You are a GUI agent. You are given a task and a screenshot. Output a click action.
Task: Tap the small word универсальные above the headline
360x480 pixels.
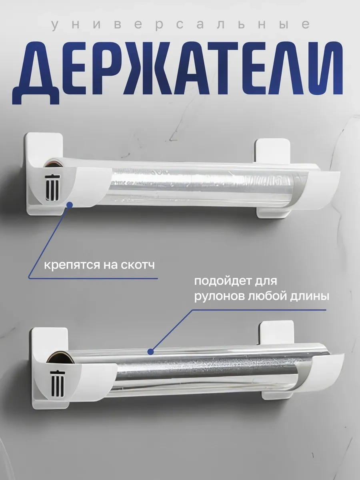pyautogui.click(x=180, y=24)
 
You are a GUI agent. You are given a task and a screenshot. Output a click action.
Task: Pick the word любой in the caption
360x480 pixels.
pyautogui.click(x=272, y=297)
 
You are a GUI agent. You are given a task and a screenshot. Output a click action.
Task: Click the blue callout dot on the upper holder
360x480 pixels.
pyautogui.click(x=69, y=204)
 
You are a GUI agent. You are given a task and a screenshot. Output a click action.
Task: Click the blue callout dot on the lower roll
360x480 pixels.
pyautogui.click(x=151, y=352)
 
